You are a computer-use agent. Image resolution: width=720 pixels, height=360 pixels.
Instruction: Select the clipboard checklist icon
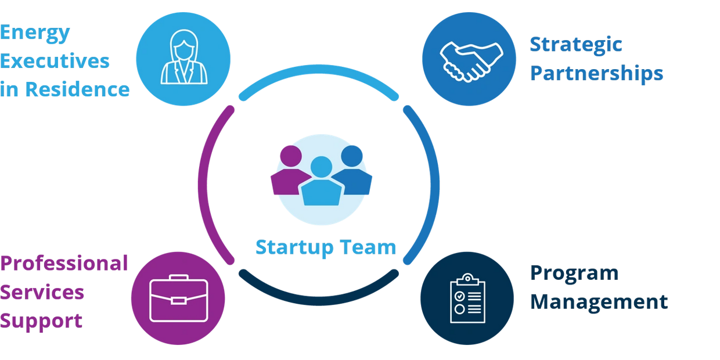click(x=467, y=298)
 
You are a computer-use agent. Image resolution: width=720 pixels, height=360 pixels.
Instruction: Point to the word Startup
click(x=294, y=247)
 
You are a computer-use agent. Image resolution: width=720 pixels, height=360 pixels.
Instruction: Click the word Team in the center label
click(x=368, y=247)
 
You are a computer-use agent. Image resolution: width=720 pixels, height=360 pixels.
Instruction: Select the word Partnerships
click(x=597, y=74)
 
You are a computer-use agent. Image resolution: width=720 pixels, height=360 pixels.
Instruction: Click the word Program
click(x=575, y=273)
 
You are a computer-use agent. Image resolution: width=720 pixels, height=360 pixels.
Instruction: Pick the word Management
click(x=599, y=302)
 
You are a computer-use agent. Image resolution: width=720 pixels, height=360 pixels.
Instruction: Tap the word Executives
click(x=55, y=61)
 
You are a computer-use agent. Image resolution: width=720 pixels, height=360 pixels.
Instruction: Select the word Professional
click(x=64, y=263)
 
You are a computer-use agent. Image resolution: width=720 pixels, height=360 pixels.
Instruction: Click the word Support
click(x=42, y=321)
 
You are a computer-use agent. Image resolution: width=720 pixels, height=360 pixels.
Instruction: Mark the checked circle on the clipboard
click(x=460, y=296)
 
